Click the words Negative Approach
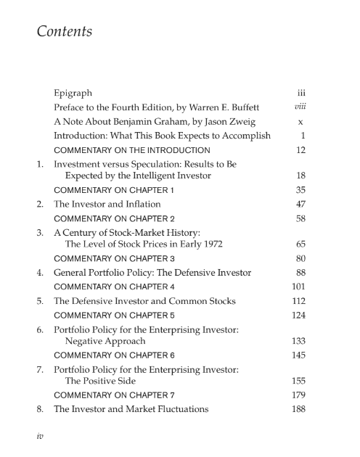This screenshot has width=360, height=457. pyautogui.click(x=105, y=340)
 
